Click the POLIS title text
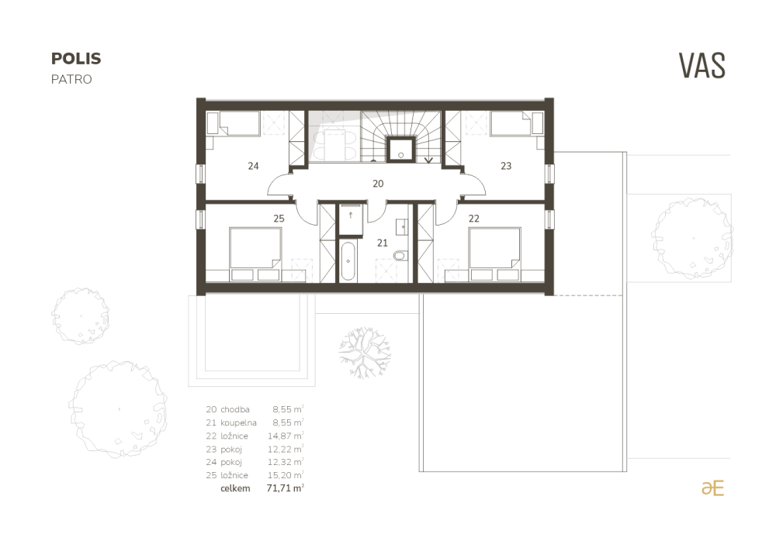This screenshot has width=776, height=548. [x=76, y=59]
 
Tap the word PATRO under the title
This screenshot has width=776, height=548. [x=71, y=80]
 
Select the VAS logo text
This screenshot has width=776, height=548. [x=702, y=66]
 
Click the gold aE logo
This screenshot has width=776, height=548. [x=712, y=488]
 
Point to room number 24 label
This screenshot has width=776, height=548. [x=254, y=166]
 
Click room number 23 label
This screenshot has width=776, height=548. [x=506, y=166]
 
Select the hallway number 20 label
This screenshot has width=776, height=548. [x=378, y=184]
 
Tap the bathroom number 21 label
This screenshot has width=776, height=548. [x=382, y=243]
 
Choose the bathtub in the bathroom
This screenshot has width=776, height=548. [x=348, y=261]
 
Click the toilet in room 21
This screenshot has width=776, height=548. [x=400, y=256]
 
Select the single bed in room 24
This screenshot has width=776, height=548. [x=234, y=123]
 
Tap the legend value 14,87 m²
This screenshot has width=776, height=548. [x=286, y=436]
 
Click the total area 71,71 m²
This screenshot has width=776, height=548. [x=285, y=488]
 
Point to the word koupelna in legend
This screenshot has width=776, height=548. [x=238, y=423]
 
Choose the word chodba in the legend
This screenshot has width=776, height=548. [x=235, y=409]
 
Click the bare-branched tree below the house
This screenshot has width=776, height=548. [x=365, y=353]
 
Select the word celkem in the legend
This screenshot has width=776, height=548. [x=236, y=488]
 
